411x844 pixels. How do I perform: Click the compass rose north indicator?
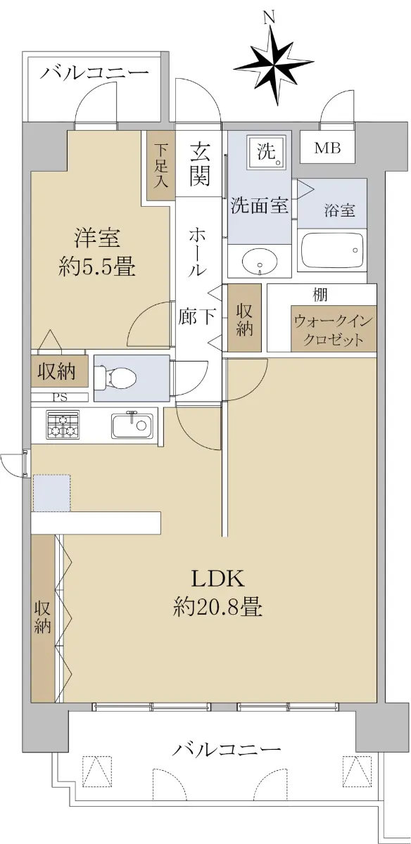[274, 63]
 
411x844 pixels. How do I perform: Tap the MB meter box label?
[328, 148]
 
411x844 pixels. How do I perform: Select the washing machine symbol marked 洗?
[270, 152]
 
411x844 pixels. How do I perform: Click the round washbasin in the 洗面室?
[260, 261]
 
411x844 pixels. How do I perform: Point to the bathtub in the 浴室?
[332, 250]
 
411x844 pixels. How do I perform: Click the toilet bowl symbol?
[115, 378]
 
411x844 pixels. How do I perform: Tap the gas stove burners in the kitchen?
[63, 425]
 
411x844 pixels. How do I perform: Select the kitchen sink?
[132, 426]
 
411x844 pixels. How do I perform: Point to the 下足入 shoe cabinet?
[161, 166]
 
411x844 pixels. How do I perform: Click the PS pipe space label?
[60, 397]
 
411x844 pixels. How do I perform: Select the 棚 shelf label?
[320, 294]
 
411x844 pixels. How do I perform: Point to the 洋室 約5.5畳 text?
[97, 252]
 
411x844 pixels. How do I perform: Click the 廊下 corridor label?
[197, 316]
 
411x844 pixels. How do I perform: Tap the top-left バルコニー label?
[94, 72]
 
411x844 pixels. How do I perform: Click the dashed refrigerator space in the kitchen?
[52, 493]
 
